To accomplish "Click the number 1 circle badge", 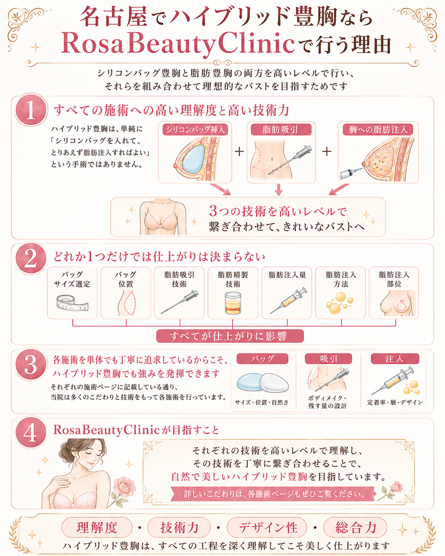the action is [x=31, y=110].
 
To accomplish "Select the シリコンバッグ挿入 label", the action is [x=195, y=129].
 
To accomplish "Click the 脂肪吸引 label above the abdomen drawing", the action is [x=281, y=129].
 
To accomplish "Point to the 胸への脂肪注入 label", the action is [x=378, y=129].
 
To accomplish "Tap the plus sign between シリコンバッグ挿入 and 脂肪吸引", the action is [x=239, y=151].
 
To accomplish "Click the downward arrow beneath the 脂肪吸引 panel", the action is [x=278, y=190].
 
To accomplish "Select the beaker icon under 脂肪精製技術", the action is [x=233, y=303].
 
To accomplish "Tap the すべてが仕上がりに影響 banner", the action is [x=230, y=336].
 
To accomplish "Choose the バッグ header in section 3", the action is [x=262, y=359].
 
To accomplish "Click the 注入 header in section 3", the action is [x=395, y=359].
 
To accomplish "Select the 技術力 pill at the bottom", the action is [x=179, y=527].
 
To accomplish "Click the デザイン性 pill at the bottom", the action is [x=267, y=527].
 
